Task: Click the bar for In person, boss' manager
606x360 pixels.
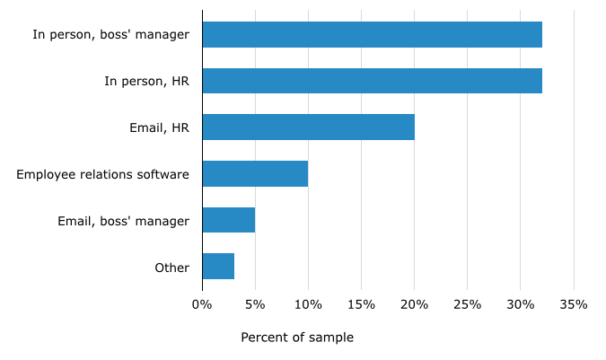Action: pyautogui.click(x=372, y=34)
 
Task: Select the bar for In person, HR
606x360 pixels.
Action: pyautogui.click(x=372, y=81)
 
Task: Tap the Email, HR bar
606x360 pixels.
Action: pyautogui.click(x=308, y=127)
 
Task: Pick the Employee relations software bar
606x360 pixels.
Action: pyautogui.click(x=255, y=173)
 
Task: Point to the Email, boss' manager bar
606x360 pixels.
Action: pyautogui.click(x=228, y=220)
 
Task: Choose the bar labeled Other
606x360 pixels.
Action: pyautogui.click(x=218, y=267)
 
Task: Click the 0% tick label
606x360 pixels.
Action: pyautogui.click(x=202, y=304)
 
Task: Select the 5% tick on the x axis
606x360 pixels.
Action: pyautogui.click(x=255, y=304)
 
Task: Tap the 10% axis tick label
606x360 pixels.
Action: pyautogui.click(x=308, y=304)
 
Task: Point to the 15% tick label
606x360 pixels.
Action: pyautogui.click(x=361, y=304)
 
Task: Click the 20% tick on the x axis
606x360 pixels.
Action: pyautogui.click(x=414, y=304)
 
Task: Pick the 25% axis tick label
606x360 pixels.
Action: pyautogui.click(x=467, y=304)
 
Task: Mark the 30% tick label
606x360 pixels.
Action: pyautogui.click(x=521, y=304)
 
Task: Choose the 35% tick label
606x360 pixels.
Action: pyautogui.click(x=574, y=304)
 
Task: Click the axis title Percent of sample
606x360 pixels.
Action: pyautogui.click(x=297, y=338)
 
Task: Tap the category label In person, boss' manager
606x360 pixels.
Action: pyautogui.click(x=110, y=35)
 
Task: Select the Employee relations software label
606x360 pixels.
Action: pyautogui.click(x=102, y=174)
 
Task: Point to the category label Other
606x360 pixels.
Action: pyautogui.click(x=171, y=268)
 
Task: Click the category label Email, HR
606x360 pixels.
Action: pyautogui.click(x=159, y=127)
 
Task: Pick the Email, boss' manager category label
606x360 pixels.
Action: pyautogui.click(x=123, y=221)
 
